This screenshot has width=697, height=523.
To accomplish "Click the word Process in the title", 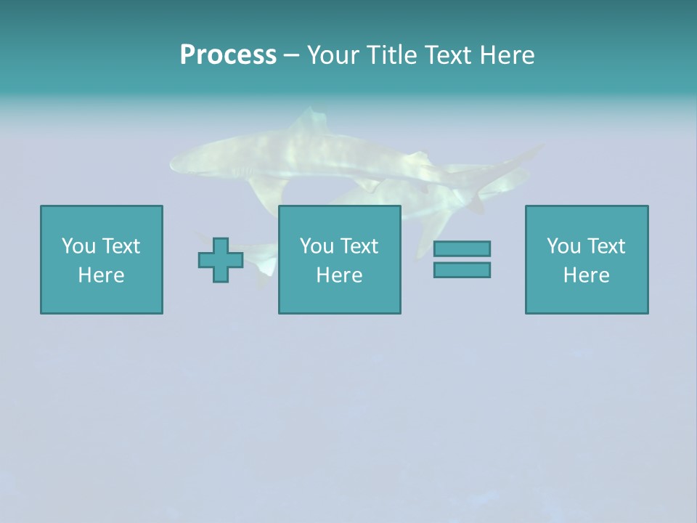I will [228, 55].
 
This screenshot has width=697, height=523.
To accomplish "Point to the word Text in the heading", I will [449, 55].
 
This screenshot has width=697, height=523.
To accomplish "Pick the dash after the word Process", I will [291, 56].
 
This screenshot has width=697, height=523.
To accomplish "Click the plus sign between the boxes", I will [221, 260].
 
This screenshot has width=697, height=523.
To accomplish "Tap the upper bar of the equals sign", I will [462, 249].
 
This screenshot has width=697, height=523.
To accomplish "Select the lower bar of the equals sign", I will [462, 270].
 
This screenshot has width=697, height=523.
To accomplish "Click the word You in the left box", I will [79, 246].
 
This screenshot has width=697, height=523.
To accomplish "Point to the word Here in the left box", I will [101, 275].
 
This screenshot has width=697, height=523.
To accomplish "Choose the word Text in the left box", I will [121, 246].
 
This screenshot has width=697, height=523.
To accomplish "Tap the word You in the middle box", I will [317, 246].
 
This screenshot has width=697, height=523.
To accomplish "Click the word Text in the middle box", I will [359, 246].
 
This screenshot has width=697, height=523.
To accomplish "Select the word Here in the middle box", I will [339, 275].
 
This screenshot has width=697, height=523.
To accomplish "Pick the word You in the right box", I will [564, 246].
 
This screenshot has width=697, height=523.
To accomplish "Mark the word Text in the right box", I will [606, 246].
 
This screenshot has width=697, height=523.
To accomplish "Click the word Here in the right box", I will [586, 275].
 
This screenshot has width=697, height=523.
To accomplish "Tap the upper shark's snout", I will [174, 162].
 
